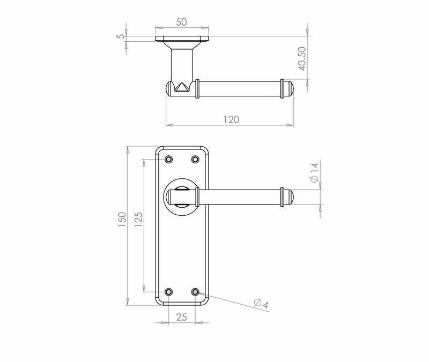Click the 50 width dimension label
(x=181, y=22)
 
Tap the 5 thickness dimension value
(x=121, y=36)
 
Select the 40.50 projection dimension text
(x=302, y=59)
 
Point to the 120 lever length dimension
(x=231, y=119)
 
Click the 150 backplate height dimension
(x=122, y=220)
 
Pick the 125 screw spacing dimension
(x=138, y=220)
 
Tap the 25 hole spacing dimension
(x=182, y=317)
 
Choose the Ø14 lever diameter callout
(x=314, y=172)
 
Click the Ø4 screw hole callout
(x=262, y=304)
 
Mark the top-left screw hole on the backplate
(x=169, y=159)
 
